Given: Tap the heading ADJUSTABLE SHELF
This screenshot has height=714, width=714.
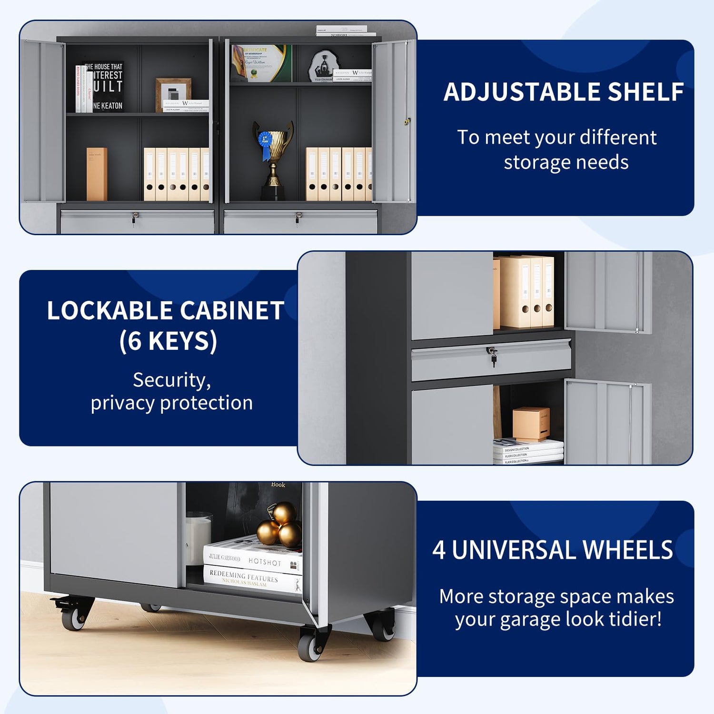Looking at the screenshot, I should pos(564,92).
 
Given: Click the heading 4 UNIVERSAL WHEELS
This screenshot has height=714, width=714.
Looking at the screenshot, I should pos(552,550).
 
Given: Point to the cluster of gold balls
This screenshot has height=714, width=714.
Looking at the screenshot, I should pos(280,526).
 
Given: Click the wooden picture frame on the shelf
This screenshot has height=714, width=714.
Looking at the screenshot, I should pos(173,94).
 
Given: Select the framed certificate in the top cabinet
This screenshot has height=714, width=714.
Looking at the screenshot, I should pos(261,63).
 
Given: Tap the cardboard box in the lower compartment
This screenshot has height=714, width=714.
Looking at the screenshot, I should pos(531,423).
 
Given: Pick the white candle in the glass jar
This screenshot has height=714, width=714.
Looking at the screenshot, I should pos(198,538).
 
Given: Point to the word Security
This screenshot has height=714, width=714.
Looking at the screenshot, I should pos(171,380).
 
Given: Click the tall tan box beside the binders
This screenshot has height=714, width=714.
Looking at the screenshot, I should pos(97,174).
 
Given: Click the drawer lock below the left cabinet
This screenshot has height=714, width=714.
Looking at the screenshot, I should pos(135,217).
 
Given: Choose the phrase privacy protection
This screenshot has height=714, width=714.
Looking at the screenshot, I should pos(171,403).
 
